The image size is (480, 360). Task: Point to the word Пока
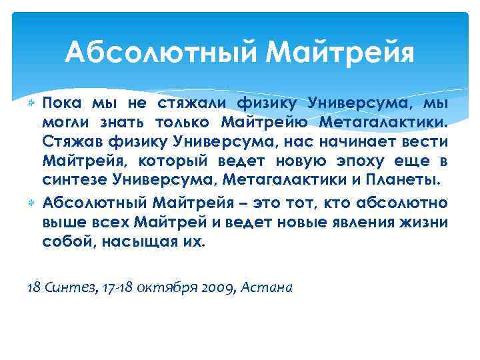[x=61, y=103]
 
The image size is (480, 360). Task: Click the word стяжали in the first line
[x=193, y=103]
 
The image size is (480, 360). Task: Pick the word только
[x=181, y=123]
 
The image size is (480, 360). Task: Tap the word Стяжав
[x=69, y=143]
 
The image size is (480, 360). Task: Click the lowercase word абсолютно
[x=406, y=203]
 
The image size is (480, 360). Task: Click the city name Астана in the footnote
[x=267, y=287]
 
